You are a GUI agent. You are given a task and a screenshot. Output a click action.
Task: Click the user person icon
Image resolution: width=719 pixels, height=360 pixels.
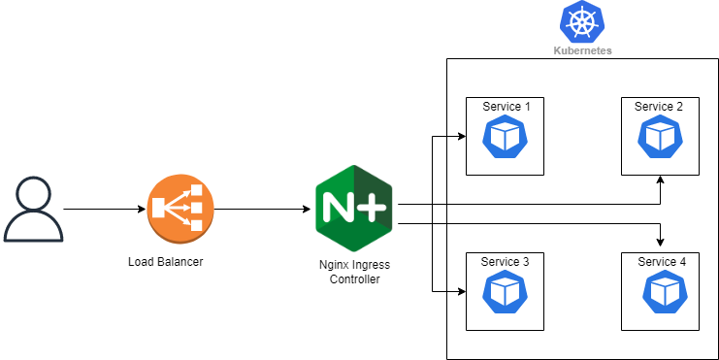(x=34, y=209)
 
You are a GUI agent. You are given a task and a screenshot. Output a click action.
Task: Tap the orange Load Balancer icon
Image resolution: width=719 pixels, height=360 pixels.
(x=176, y=209)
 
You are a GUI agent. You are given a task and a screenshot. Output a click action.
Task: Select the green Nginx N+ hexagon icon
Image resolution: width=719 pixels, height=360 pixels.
(x=353, y=209)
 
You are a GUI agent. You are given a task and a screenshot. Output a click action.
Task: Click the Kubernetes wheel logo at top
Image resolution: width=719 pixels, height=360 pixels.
(x=581, y=21)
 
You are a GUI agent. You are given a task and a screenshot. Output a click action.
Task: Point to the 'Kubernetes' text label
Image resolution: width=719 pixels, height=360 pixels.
(x=581, y=50)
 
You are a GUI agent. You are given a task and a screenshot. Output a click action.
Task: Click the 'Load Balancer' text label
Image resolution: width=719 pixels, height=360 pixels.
(x=166, y=261)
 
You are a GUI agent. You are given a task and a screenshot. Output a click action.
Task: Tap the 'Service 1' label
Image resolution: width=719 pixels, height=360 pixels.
(x=507, y=107)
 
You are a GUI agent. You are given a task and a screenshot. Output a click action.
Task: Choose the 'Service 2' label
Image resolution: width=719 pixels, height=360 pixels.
(x=659, y=107)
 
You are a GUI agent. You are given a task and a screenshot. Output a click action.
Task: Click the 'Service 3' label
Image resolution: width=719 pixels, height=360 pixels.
(x=507, y=262)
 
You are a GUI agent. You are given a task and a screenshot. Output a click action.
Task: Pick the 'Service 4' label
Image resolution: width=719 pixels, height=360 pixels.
(x=661, y=262)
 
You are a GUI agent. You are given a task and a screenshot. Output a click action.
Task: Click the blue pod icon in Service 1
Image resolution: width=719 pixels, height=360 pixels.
(x=506, y=138)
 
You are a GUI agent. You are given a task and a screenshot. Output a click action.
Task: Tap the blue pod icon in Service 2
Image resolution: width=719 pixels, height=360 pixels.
(x=659, y=138)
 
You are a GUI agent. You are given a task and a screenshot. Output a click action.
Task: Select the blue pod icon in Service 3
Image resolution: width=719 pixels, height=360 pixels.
(x=506, y=292)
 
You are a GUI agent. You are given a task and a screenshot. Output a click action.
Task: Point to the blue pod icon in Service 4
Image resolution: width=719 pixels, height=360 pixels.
(x=661, y=291)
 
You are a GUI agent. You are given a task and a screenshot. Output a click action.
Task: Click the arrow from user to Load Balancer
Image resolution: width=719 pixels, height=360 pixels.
(x=102, y=209)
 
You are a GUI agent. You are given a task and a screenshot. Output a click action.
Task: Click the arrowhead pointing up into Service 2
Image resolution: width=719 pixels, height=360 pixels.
(x=661, y=180)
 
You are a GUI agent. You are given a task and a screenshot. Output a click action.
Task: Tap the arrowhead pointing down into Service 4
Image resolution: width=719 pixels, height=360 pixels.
(x=661, y=242)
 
